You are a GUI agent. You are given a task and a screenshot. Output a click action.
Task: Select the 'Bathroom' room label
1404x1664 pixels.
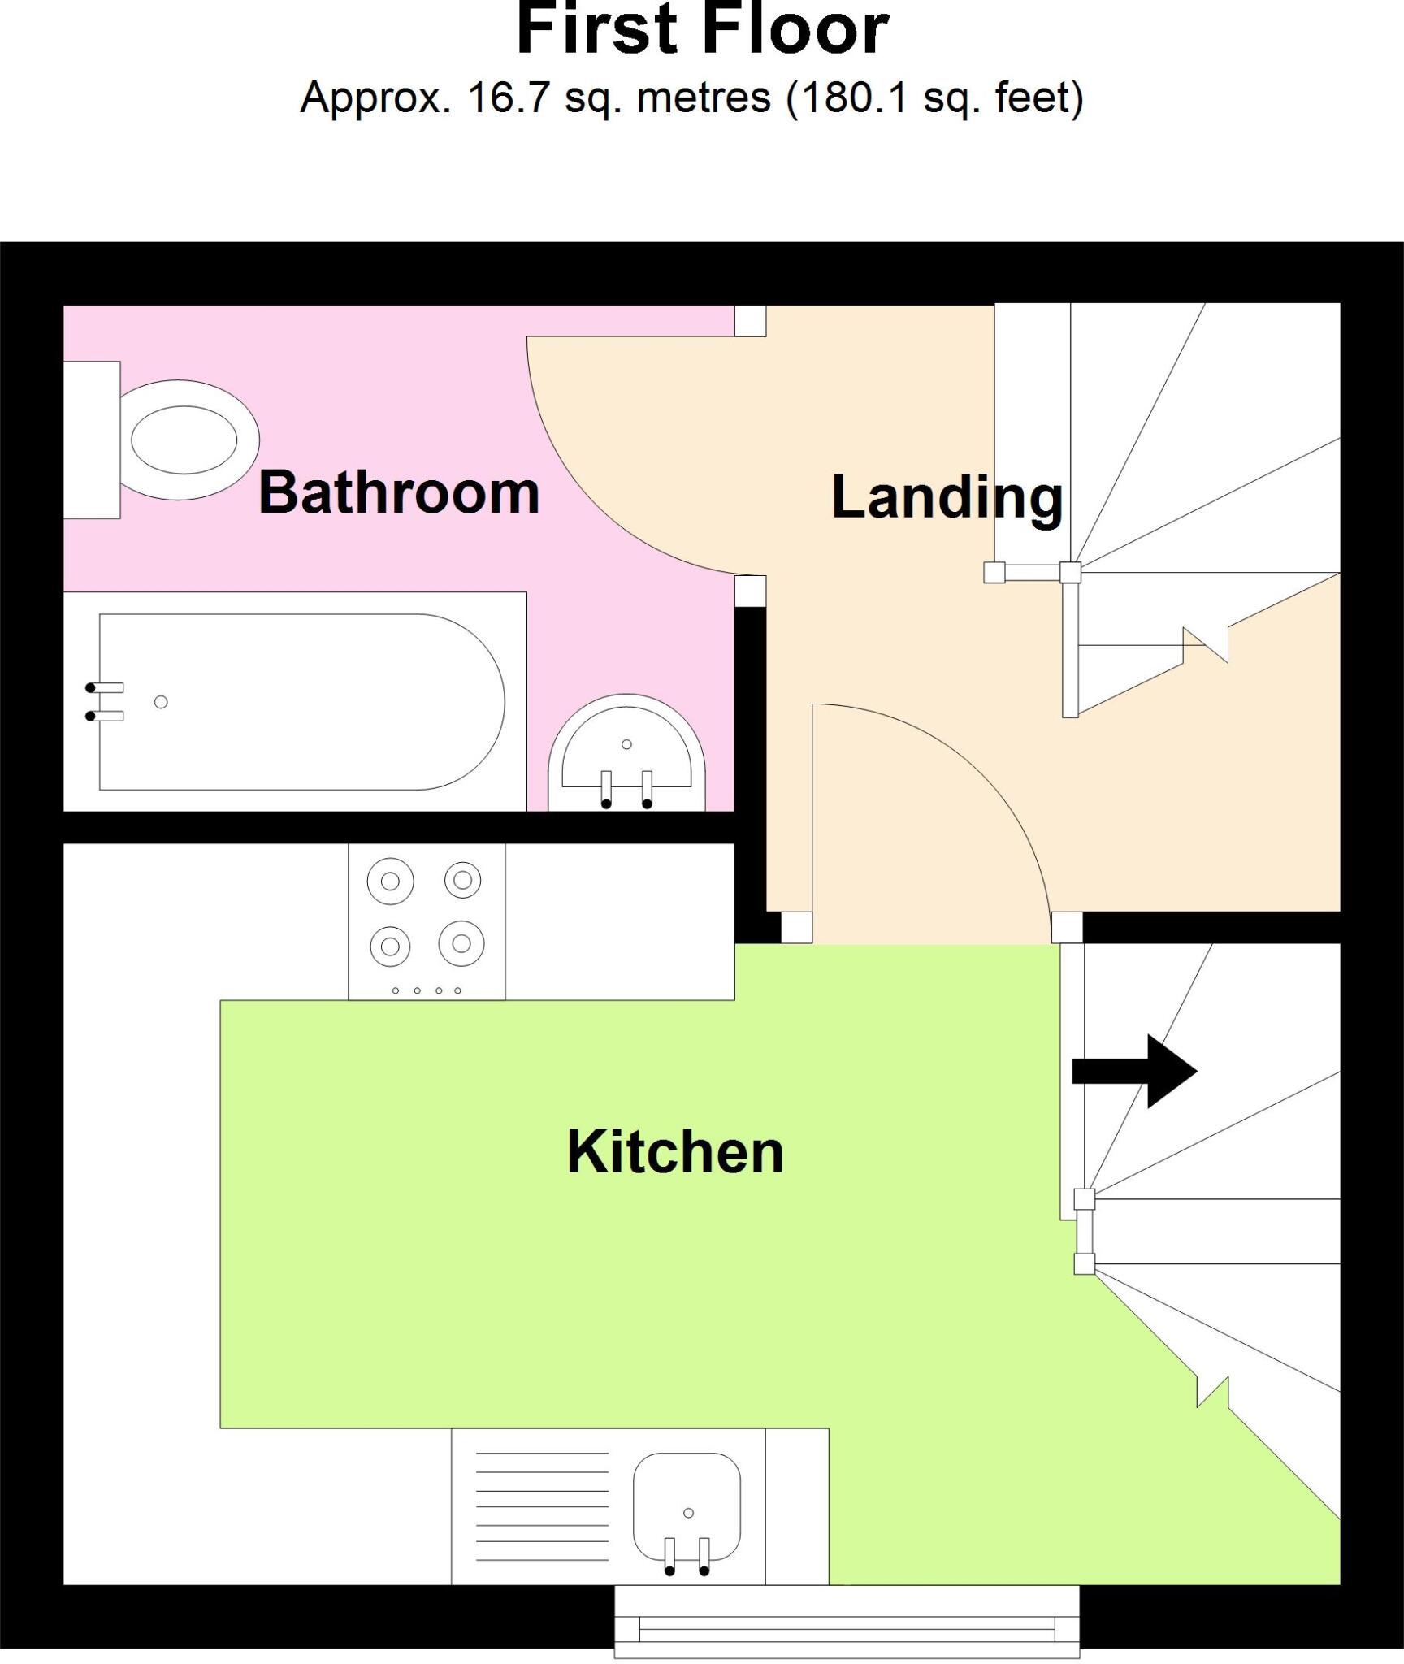[399, 492]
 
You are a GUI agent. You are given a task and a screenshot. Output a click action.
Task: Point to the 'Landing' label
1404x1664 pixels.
[947, 497]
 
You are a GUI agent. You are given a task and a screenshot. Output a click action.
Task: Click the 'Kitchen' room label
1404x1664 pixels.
[675, 1151]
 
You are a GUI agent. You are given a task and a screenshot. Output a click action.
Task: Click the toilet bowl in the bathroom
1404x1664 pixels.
[184, 440]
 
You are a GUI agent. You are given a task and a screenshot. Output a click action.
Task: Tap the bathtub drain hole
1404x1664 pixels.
[161, 702]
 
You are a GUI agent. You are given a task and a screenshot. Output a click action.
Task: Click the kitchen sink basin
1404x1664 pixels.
[687, 1507]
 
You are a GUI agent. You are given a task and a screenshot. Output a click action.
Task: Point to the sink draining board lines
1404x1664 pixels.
[542, 1507]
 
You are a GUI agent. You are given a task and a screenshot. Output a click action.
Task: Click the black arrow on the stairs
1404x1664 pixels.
[1135, 1071]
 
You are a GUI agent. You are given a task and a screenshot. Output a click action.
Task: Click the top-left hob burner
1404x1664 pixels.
[390, 881]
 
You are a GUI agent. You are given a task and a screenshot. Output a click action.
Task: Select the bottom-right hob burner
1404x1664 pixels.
[461, 943]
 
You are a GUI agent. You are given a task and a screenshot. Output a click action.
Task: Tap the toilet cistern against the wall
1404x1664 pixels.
[92, 440]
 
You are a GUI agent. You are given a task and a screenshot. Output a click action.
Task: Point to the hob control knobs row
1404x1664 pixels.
[427, 990]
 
